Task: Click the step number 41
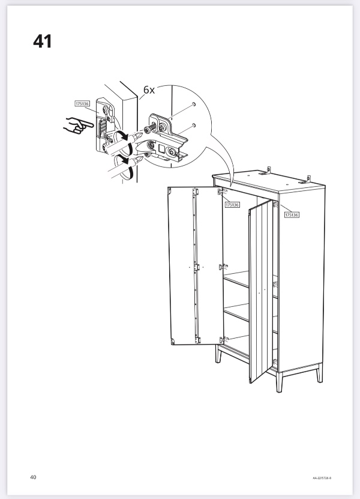click(x=42, y=41)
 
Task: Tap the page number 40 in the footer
click(x=33, y=477)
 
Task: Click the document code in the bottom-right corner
click(x=322, y=477)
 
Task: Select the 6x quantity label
click(x=149, y=90)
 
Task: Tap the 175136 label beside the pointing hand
click(x=82, y=103)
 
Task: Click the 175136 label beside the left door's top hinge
click(x=232, y=205)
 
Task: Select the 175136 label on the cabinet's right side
click(x=292, y=215)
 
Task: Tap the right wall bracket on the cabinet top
click(x=306, y=180)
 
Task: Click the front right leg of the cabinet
click(x=279, y=382)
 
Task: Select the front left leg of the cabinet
click(x=218, y=354)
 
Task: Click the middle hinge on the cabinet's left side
click(x=222, y=267)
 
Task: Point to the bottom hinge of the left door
click(x=197, y=340)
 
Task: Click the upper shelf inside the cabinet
click(x=237, y=279)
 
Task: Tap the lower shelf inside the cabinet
click(x=237, y=312)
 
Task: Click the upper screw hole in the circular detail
click(x=194, y=104)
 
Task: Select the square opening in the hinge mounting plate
click(x=161, y=148)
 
